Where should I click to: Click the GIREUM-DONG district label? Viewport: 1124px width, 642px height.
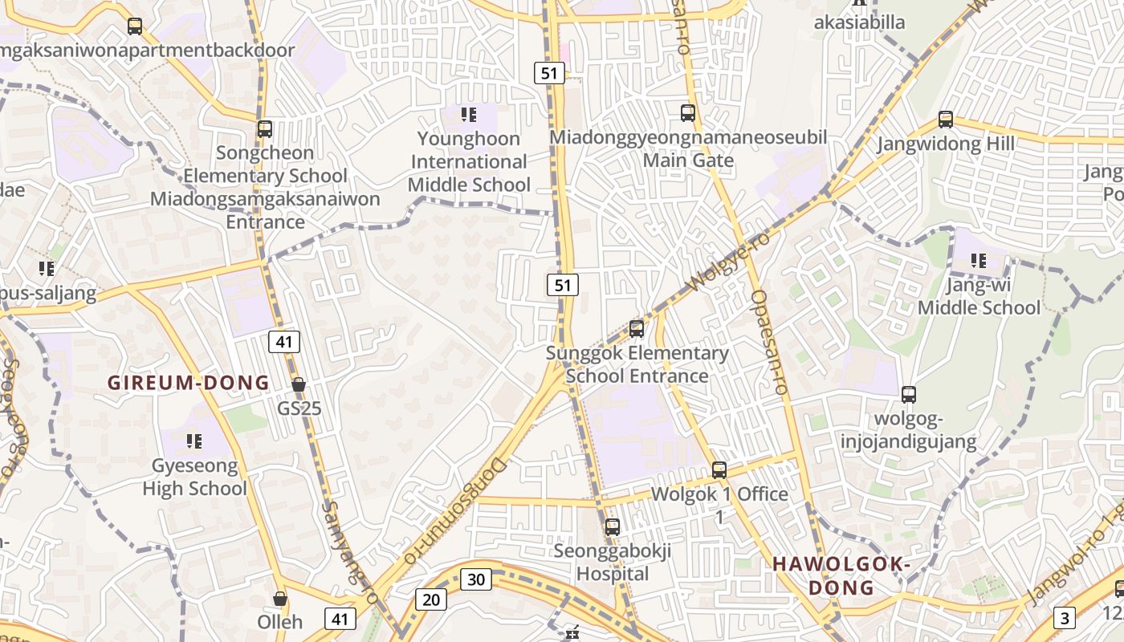tap(189, 383)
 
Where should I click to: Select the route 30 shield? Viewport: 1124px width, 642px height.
tap(475, 579)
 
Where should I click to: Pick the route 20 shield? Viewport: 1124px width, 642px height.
tap(430, 599)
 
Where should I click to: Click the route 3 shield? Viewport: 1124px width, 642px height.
tap(1064, 618)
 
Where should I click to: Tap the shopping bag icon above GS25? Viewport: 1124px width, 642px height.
tap(299, 384)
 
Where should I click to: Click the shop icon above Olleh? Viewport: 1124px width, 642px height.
tap(280, 599)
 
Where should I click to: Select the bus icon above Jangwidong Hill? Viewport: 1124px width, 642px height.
tap(946, 120)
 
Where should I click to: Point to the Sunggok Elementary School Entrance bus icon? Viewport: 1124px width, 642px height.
tap(637, 329)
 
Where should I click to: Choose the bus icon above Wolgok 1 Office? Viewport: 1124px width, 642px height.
tap(719, 470)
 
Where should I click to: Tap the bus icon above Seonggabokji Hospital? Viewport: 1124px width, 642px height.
tap(613, 527)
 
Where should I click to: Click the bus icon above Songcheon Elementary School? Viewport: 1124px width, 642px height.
tap(265, 128)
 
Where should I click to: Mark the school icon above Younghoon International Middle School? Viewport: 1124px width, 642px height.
tap(469, 115)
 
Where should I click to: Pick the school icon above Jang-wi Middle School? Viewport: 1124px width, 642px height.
tap(979, 261)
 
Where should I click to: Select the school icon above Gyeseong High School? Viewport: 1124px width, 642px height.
tap(194, 441)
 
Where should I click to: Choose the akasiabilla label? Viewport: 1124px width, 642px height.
tap(860, 22)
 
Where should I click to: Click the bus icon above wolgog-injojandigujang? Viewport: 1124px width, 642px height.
tap(909, 395)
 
